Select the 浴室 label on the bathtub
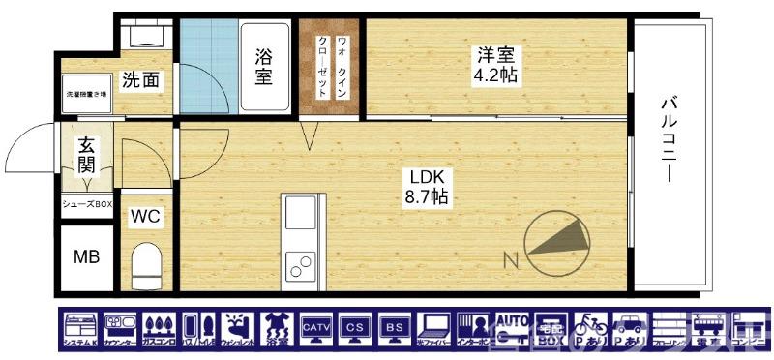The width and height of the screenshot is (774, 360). point(263,65)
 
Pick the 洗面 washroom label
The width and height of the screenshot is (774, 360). point(140,80)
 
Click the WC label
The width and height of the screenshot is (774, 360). point(145,215)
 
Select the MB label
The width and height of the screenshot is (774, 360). point(87,258)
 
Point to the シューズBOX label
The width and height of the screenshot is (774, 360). point(87,203)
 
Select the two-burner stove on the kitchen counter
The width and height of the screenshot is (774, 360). point(299,261)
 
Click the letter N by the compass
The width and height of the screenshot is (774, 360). point(510,258)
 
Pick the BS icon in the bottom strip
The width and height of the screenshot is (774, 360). point(394,329)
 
